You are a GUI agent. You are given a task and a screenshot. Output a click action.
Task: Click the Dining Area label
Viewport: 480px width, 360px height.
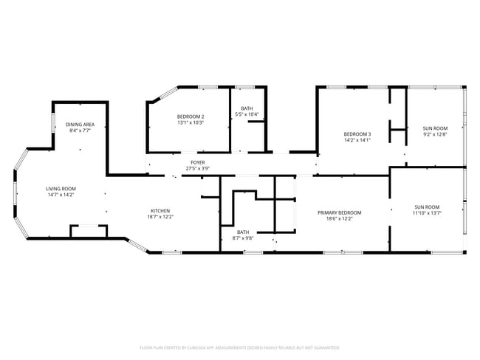79,125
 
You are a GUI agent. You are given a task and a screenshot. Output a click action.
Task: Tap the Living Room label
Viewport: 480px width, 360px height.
61,189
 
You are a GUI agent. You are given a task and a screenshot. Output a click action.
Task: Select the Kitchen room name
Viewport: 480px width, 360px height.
161,210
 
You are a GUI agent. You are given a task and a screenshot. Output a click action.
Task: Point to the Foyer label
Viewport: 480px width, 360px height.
198,162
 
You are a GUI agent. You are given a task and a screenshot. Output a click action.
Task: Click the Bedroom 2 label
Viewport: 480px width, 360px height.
190,117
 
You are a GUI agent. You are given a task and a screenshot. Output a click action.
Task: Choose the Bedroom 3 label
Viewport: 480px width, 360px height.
357,134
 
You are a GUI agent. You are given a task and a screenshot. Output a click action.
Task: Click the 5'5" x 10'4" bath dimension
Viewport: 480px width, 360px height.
246,114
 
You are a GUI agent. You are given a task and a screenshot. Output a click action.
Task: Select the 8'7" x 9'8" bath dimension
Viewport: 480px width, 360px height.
243,238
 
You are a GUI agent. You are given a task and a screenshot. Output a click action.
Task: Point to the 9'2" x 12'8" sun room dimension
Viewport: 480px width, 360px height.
435,134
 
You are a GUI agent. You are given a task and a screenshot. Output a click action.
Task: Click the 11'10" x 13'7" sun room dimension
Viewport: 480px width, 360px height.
427,213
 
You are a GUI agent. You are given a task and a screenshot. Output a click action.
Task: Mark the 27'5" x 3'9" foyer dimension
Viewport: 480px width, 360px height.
198,168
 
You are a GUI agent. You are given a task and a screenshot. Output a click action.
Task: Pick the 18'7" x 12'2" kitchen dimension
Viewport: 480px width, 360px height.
161,217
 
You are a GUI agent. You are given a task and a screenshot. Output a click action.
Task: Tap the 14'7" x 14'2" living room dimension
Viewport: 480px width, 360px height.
61,195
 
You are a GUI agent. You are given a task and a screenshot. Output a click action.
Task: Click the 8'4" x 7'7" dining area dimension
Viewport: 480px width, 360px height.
79,131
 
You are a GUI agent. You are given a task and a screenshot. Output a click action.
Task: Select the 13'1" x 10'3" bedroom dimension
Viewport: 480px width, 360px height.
190,123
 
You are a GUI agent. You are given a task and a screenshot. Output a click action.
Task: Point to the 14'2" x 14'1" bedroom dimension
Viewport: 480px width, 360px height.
357,140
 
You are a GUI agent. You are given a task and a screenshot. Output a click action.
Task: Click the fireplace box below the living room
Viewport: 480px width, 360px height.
88,232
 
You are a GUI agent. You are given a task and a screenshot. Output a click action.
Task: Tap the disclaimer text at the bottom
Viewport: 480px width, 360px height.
239,347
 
